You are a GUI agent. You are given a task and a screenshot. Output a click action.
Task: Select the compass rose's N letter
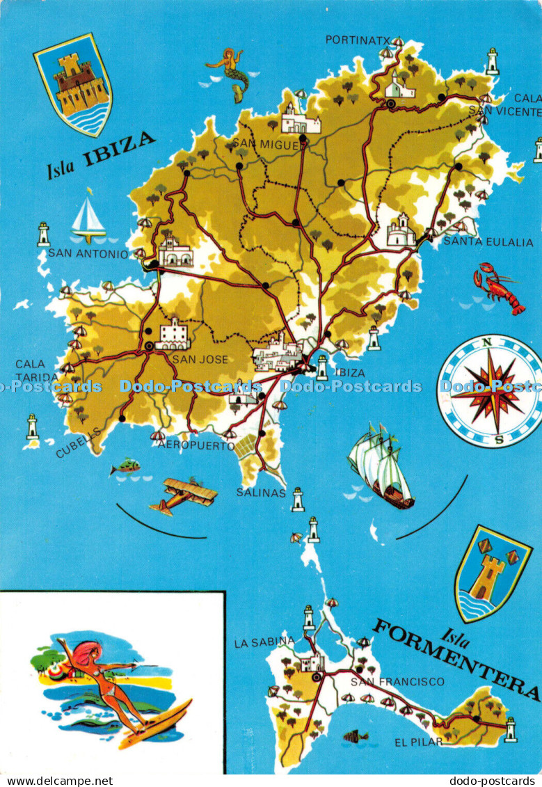[488, 342]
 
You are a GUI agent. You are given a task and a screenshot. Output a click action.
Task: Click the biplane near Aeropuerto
[182, 495]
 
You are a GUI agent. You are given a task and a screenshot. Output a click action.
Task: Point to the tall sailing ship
[380, 464]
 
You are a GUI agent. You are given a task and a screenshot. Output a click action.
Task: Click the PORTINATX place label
[358, 40]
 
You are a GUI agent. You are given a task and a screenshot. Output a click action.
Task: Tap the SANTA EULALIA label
[488, 242]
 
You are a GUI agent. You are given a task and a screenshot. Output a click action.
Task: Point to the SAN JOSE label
[190, 360]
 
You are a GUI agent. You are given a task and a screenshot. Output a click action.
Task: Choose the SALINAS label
[261, 493]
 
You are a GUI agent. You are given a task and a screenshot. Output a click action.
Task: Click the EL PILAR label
[417, 742]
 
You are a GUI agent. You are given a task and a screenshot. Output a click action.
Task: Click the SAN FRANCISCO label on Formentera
[397, 681]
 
